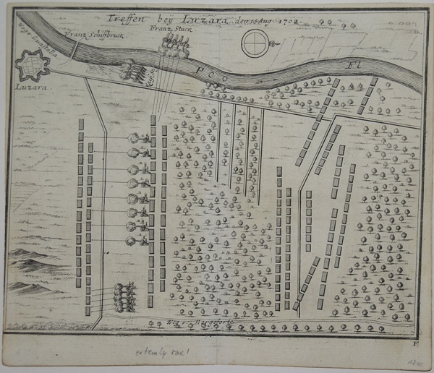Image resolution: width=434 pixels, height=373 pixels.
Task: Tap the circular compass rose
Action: click(256, 46)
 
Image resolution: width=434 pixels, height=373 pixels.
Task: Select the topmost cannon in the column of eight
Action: click(138, 138)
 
